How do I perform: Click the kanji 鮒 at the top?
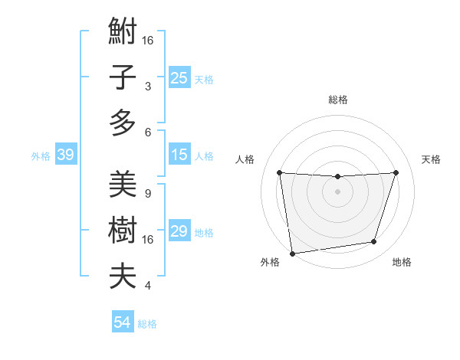click(123, 34)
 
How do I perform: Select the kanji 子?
click(123, 78)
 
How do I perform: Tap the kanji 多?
click(123, 123)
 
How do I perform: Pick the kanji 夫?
click(123, 276)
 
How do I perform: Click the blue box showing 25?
click(179, 77)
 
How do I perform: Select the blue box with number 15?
click(179, 155)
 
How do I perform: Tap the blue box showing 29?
click(179, 231)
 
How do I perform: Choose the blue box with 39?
click(65, 155)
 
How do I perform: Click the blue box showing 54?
click(122, 322)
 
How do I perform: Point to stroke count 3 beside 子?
click(147, 87)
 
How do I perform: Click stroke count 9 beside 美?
click(147, 193)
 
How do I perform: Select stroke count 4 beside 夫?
click(147, 286)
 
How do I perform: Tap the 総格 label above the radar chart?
click(337, 100)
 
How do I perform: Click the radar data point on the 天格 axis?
click(396, 172)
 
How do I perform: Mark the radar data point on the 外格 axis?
click(292, 253)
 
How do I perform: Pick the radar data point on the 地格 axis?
click(374, 242)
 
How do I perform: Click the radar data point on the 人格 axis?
click(279, 172)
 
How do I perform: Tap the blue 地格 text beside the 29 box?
click(204, 233)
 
